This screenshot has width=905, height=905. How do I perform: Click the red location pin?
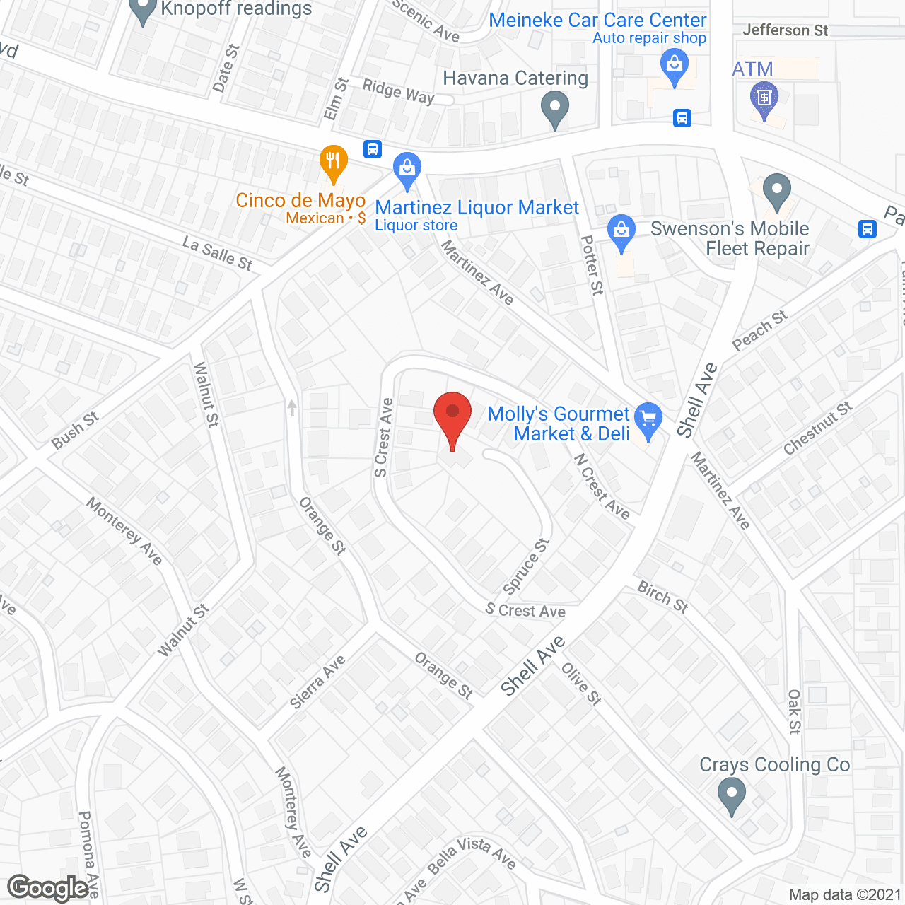click(452, 417)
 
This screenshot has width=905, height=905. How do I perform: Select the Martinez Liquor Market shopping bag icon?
click(407, 170)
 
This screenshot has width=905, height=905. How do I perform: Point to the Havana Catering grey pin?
click(555, 110)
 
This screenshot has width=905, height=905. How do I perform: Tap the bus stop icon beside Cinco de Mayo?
click(373, 149)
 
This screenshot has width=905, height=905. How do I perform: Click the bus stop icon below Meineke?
click(682, 117)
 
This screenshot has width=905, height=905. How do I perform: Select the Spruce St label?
click(526, 566)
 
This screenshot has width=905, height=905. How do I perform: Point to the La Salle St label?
click(217, 254)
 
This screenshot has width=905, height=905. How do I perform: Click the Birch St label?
click(662, 597)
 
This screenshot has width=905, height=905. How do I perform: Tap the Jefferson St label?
click(785, 30)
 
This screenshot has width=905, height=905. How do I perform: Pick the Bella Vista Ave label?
click(471, 854)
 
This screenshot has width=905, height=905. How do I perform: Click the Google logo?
click(48, 888)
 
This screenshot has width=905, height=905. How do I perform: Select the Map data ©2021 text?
click(844, 895)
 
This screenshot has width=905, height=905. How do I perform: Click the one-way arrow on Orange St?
click(292, 408)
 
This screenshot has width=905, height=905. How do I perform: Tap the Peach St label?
click(760, 329)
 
